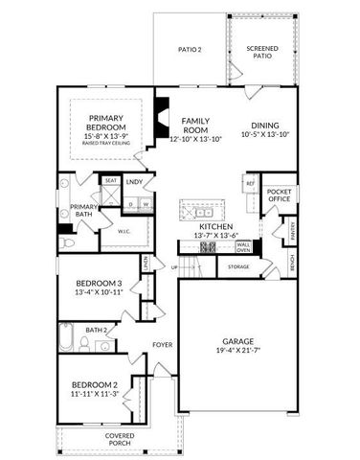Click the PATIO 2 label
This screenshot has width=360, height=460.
click(x=189, y=49)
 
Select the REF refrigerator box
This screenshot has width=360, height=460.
click(x=250, y=183)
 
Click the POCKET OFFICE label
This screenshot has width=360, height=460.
click(x=279, y=195)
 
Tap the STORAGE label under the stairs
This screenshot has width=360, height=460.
click(x=238, y=266)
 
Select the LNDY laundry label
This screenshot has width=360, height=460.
click(x=134, y=181)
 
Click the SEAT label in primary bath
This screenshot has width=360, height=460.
click(x=110, y=180)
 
